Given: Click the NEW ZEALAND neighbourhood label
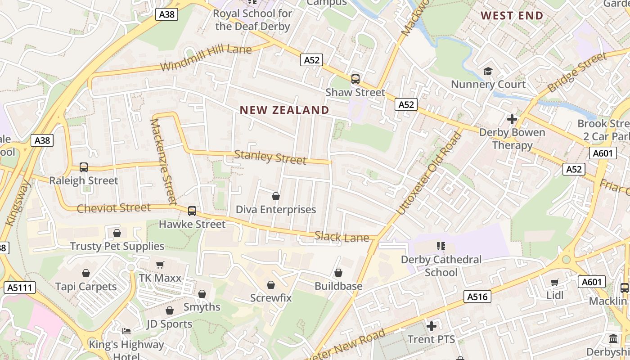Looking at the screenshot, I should pyautogui.click(x=284, y=110).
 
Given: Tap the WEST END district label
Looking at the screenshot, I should pyautogui.click(x=512, y=16).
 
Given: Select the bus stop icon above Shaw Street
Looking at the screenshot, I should pyautogui.click(x=355, y=79).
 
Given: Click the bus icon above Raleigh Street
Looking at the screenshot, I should pyautogui.click(x=84, y=167).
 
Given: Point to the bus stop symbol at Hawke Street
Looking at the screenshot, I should pyautogui.click(x=192, y=211).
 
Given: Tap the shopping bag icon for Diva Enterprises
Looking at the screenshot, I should pyautogui.click(x=276, y=196).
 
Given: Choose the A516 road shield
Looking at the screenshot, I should pyautogui.click(x=477, y=297).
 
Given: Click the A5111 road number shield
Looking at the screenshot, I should pyautogui.click(x=19, y=288).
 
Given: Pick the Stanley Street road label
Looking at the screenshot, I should pyautogui.click(x=270, y=157).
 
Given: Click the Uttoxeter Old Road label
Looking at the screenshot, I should pyautogui.click(x=430, y=173).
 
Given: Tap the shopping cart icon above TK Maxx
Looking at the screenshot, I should pyautogui.click(x=160, y=265).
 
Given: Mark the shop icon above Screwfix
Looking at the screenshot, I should pyautogui.click(x=271, y=285).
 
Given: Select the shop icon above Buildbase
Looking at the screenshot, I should pyautogui.click(x=338, y=273).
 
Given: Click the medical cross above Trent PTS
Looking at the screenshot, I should pyautogui.click(x=432, y=326).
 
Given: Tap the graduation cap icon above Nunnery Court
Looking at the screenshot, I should pyautogui.click(x=488, y=71).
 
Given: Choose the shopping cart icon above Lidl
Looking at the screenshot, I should pyautogui.click(x=555, y=282).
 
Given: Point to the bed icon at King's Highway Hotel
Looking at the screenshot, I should pyautogui.click(x=126, y=331).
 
